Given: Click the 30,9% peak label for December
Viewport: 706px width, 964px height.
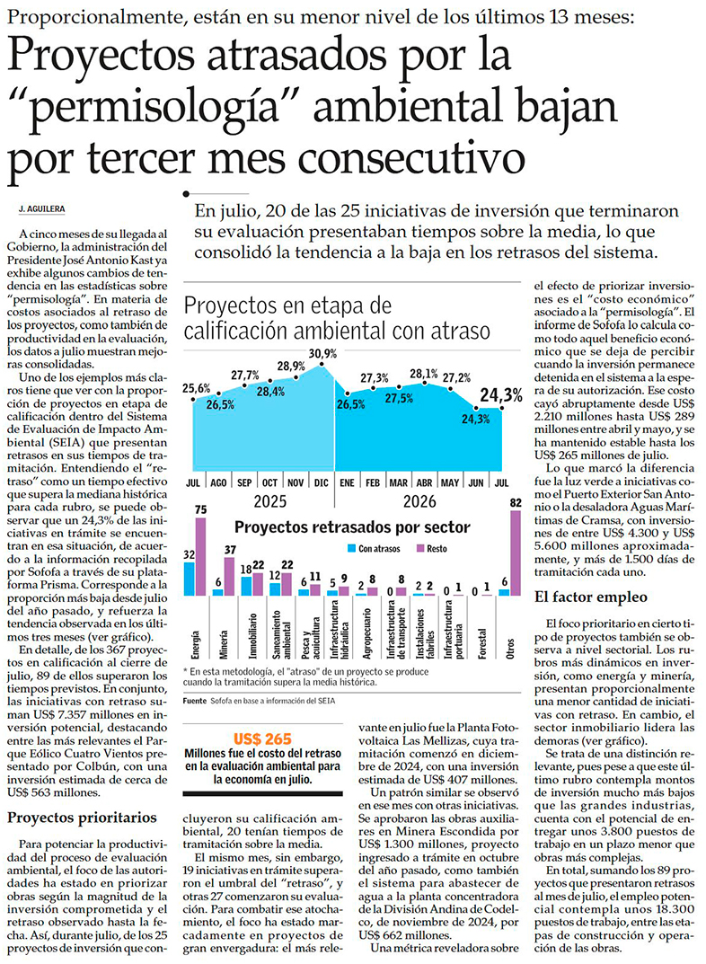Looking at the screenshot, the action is [322, 353].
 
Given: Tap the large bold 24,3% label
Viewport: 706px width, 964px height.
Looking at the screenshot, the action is [501, 395].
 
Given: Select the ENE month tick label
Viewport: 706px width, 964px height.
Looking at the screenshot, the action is [348, 482].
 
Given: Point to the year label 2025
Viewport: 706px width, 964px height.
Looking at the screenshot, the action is [270, 501].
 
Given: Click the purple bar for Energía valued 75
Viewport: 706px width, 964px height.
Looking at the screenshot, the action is [201, 556].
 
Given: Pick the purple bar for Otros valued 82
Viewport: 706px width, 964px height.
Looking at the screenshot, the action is [515, 553].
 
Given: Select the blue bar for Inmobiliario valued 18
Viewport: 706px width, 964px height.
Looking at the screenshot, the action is [246, 587].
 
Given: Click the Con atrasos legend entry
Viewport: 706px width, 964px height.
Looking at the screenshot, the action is [374, 548].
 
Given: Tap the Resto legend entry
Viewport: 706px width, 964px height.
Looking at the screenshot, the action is [432, 548].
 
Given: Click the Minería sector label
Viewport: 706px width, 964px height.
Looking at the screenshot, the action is [224, 643].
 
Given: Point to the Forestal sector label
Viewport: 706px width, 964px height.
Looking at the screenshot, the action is [481, 643].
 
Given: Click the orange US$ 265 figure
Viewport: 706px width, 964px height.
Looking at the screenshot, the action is [262, 739].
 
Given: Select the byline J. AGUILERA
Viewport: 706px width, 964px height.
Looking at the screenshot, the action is [42, 209].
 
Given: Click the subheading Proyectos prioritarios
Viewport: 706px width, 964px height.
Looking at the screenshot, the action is [83, 818].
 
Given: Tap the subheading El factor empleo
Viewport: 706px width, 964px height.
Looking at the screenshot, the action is [590, 597].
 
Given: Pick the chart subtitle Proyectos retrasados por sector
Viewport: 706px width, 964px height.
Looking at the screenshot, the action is [353, 527].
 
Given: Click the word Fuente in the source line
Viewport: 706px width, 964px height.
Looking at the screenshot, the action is [195, 700].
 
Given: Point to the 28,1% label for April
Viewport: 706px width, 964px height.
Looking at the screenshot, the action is [423, 374].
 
